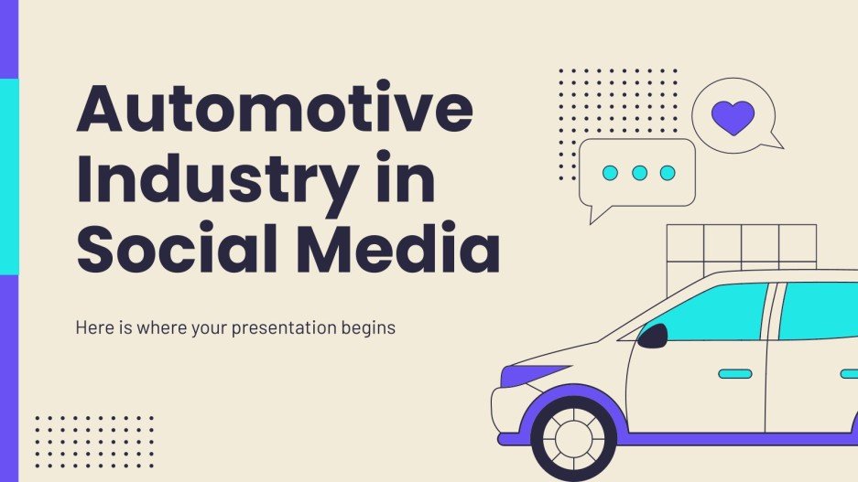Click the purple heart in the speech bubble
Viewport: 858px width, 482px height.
[733, 115]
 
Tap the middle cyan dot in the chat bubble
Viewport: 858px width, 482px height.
[639, 172]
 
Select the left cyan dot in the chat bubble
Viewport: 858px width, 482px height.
[611, 172]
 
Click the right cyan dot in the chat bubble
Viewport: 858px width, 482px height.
[668, 172]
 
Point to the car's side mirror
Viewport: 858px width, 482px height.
[652, 337]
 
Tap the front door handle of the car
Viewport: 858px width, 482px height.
[734, 373]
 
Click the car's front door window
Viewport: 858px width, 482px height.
[710, 312]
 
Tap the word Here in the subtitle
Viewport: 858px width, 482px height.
[93, 327]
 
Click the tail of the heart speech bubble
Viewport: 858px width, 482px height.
[774, 141]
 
